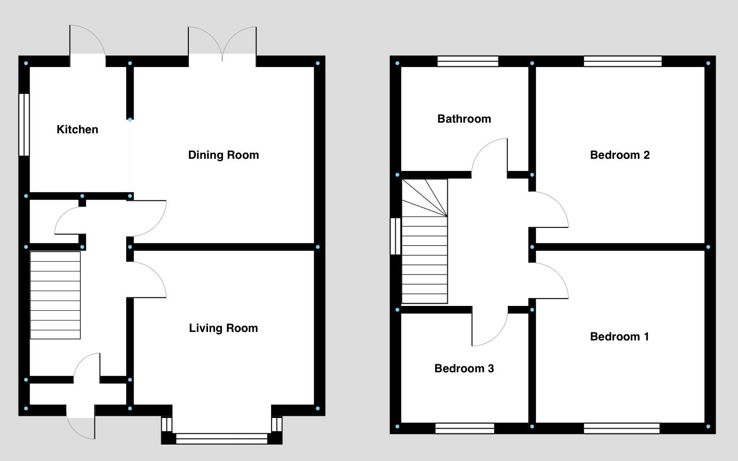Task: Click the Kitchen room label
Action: pos(77,130)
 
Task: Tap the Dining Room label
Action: pos(223,155)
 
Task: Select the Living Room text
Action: pos(223,328)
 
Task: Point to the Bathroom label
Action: pos(464,119)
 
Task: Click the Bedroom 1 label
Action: pos(619,337)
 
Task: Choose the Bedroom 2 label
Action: pos(620,155)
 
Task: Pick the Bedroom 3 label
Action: pos(464,369)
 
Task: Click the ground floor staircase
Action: pos(55,295)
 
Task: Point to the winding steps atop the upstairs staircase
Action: pos(424,198)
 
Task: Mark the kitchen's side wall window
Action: pos(24,125)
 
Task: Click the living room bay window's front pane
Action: pos(222,439)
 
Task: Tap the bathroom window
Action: pos(468,62)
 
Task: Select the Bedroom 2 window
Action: pos(622,62)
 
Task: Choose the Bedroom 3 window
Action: pos(465,428)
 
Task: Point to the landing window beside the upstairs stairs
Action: pos(395,236)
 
